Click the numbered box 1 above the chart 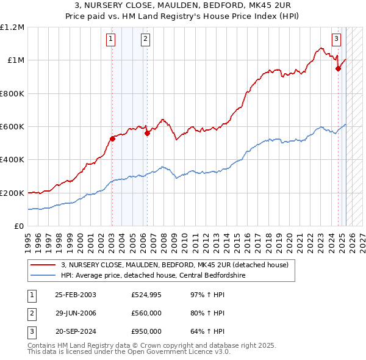(x=111, y=39)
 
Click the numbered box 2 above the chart (x=146, y=39)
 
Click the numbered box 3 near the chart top (x=337, y=39)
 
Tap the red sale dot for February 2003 (x=112, y=139)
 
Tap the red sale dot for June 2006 (x=147, y=134)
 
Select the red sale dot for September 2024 (x=338, y=69)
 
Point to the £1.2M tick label (x=12, y=27)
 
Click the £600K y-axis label (x=12, y=127)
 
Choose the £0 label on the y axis (x=20, y=226)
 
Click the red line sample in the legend (x=43, y=265)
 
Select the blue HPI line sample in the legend (x=43, y=275)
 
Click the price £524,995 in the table (x=146, y=295)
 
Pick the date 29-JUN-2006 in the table (x=76, y=313)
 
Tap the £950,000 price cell (x=146, y=331)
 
